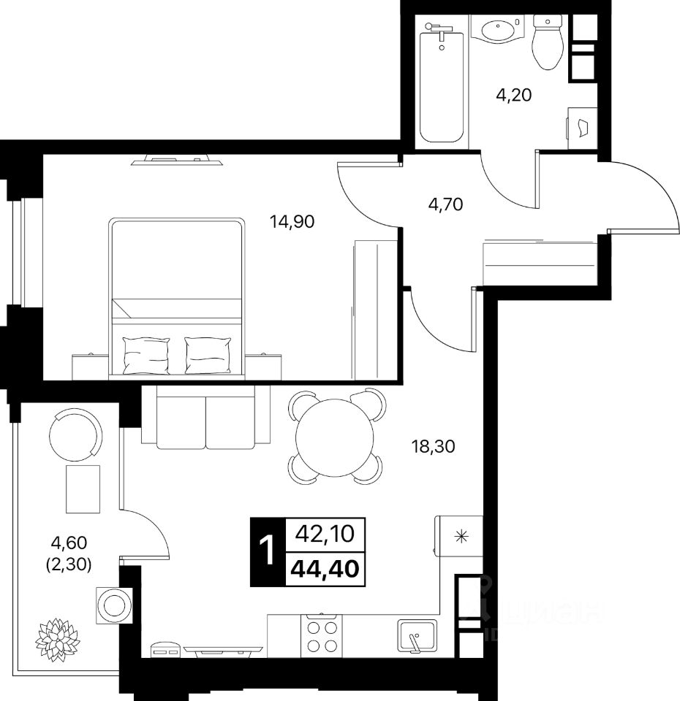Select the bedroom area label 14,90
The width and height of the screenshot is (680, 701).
click(x=292, y=221)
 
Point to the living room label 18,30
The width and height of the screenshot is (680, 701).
click(x=433, y=445)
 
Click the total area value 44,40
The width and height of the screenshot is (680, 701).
click(x=325, y=567)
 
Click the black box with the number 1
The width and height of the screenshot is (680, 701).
click(x=268, y=551)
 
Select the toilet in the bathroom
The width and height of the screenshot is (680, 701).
click(x=545, y=42)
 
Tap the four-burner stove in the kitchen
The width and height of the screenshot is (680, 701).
click(x=322, y=635)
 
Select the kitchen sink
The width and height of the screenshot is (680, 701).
click(x=417, y=636)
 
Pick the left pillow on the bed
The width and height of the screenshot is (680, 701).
click(x=147, y=355)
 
